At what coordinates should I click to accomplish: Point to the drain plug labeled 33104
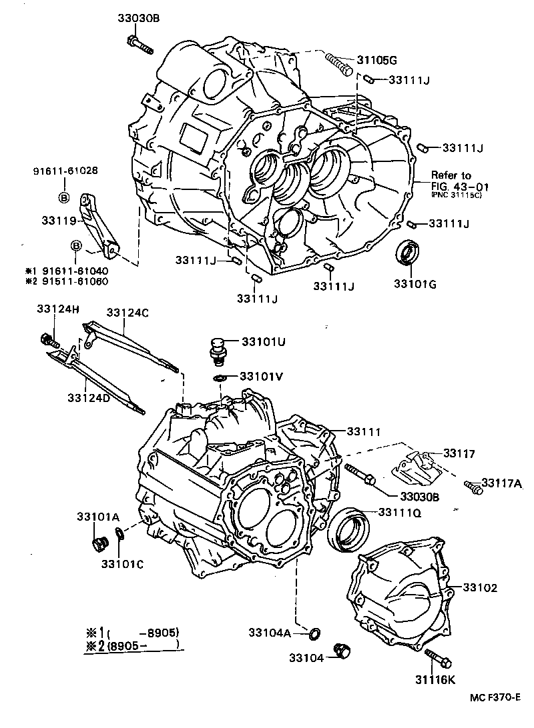345,649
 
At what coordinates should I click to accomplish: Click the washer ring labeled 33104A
314,631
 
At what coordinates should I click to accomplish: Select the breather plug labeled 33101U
217,350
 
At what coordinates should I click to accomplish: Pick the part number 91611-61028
65,171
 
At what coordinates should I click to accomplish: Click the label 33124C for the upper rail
127,312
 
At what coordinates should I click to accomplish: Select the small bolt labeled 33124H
48,340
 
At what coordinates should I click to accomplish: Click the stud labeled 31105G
338,63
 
